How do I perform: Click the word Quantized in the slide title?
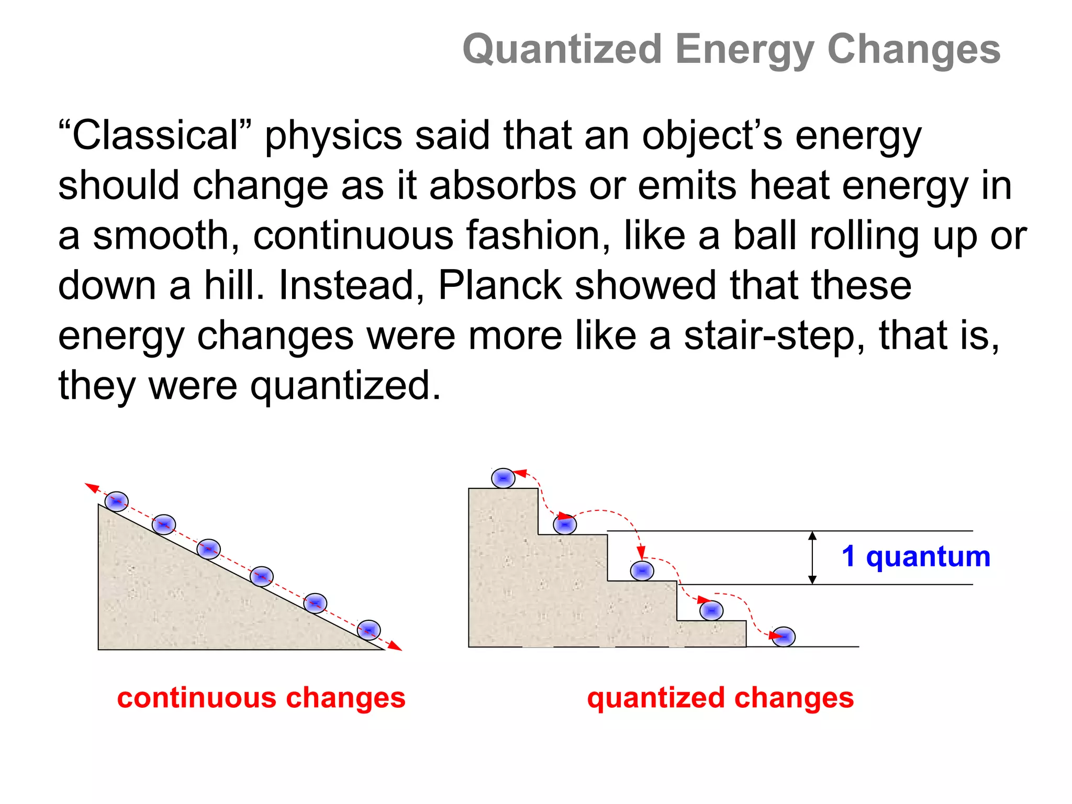point(563,50)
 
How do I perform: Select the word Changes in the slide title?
point(914,50)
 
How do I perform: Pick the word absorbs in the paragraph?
point(502,185)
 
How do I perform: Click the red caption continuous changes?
point(261,698)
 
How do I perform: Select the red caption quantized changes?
point(720,698)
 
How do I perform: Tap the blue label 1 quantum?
point(916,556)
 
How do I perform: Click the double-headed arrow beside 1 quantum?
point(812,557)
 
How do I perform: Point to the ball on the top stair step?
point(503,478)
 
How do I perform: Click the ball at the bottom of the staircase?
point(784,636)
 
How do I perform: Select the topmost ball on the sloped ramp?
point(116,501)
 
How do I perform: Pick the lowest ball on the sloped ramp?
point(368,630)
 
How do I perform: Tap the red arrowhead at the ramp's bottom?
point(396,646)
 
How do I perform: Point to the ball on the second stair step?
point(565,524)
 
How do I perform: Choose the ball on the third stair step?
point(642,571)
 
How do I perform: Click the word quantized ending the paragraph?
point(345,386)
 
